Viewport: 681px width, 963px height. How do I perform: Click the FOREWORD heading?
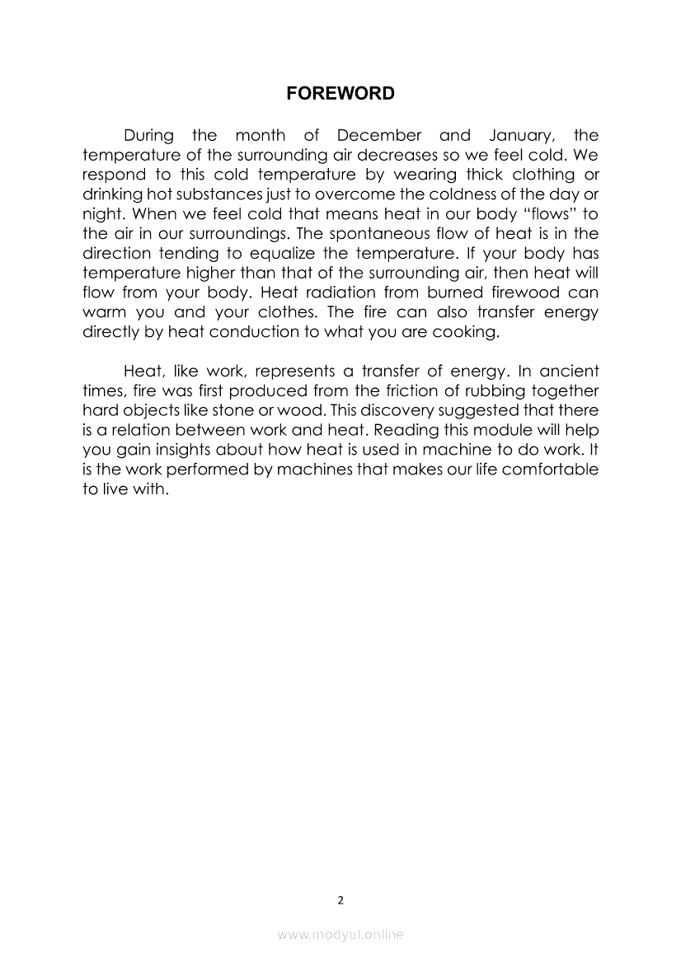pyautogui.click(x=340, y=94)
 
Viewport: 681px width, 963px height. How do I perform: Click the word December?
pyautogui.click(x=378, y=135)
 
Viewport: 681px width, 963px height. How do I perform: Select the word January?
pyautogui.click(x=513, y=135)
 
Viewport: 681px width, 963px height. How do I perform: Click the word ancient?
pyautogui.click(x=569, y=371)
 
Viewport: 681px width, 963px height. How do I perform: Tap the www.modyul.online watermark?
pyautogui.click(x=340, y=935)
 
